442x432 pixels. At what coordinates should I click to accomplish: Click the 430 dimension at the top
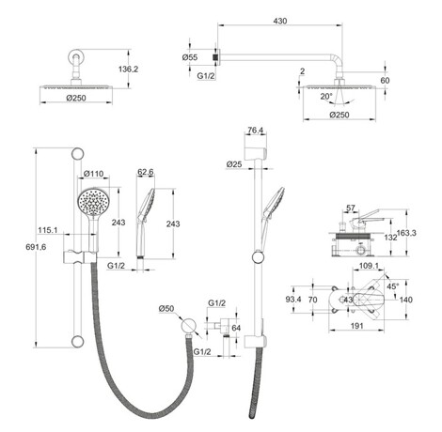pyautogui.click(x=280, y=21)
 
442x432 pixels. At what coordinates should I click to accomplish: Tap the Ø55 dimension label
pyautogui.click(x=190, y=57)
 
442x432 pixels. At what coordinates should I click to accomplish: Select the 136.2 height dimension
pyautogui.click(x=128, y=69)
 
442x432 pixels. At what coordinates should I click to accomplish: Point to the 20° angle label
pyautogui.click(x=326, y=97)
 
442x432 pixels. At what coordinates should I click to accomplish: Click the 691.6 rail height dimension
pyautogui.click(x=36, y=247)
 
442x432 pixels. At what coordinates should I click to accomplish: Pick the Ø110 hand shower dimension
pyautogui.click(x=94, y=173)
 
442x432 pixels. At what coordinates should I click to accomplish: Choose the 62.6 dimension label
pyautogui.click(x=146, y=172)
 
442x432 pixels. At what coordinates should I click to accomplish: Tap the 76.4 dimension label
pyautogui.click(x=255, y=131)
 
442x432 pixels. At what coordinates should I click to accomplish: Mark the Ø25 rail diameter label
pyautogui.click(x=234, y=163)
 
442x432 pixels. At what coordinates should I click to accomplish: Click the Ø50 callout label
pyautogui.click(x=166, y=308)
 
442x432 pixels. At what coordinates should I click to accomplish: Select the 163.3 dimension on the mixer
pyautogui.click(x=406, y=233)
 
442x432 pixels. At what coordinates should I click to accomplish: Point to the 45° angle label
pyautogui.click(x=393, y=286)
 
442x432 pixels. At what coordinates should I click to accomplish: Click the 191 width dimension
pyautogui.click(x=356, y=326)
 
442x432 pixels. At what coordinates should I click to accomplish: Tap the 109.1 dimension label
pyautogui.click(x=369, y=266)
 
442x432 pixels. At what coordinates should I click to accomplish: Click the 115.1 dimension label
pyautogui.click(x=48, y=230)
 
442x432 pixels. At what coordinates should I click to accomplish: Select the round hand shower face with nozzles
pyautogui.click(x=93, y=202)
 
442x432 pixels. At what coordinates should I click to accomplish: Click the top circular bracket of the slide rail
pyautogui.click(x=77, y=154)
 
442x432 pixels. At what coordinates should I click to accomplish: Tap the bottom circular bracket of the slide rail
pyautogui.click(x=77, y=342)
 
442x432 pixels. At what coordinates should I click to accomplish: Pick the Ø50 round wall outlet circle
pyautogui.click(x=189, y=326)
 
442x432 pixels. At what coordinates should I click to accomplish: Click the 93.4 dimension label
pyautogui.click(x=293, y=300)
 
